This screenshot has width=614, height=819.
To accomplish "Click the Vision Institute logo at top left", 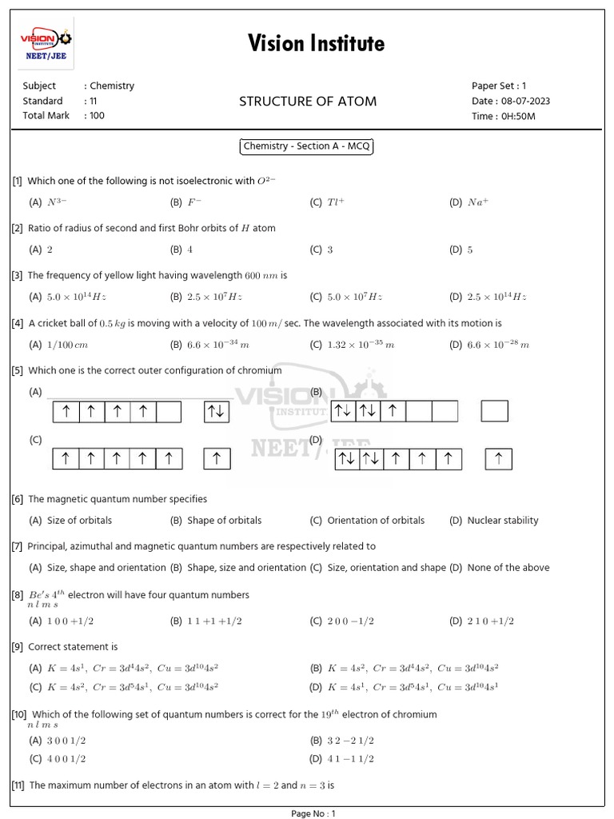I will coord(45,44).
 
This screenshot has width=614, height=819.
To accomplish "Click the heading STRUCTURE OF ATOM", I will coord(308,101).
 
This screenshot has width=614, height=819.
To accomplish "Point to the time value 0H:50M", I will coord(517,116).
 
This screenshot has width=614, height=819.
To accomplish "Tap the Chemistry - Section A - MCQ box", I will coord(307,147).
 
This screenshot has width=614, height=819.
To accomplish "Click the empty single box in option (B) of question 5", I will coord(494,411).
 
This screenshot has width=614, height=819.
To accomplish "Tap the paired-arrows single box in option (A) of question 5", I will coord(217,411).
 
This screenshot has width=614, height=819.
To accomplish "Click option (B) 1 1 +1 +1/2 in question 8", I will coord(204,621).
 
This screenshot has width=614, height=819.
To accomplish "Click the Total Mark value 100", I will coord(97,116).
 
